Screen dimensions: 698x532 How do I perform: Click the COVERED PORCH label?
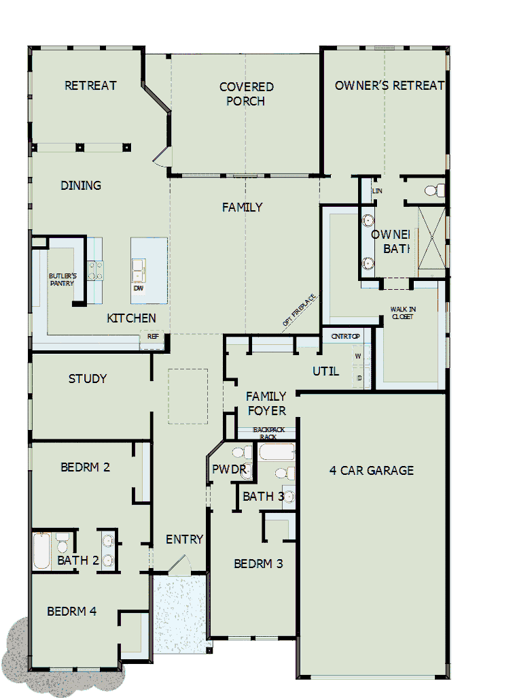(x=246, y=94)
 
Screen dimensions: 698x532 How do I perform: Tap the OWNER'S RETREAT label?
(x=389, y=85)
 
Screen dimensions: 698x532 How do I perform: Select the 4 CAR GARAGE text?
(x=371, y=470)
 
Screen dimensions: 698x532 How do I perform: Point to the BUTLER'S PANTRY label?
(x=62, y=280)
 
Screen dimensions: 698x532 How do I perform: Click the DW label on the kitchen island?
(x=139, y=288)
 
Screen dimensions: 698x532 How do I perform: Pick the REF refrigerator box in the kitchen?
(x=152, y=336)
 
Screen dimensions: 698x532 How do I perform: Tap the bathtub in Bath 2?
(x=42, y=551)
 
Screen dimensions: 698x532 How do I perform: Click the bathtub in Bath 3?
(x=277, y=452)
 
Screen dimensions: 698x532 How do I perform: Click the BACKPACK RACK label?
(x=268, y=433)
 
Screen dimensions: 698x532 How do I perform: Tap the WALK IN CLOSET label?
(x=402, y=313)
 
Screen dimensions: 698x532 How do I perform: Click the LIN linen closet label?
(x=377, y=191)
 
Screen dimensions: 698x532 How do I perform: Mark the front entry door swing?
(x=179, y=566)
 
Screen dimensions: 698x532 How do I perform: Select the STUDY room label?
(x=88, y=379)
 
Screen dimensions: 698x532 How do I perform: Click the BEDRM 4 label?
(x=71, y=612)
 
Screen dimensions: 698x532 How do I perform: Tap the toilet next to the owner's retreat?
(x=435, y=190)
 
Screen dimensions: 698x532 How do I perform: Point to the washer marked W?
(x=358, y=356)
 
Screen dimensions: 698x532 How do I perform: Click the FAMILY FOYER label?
(x=266, y=403)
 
